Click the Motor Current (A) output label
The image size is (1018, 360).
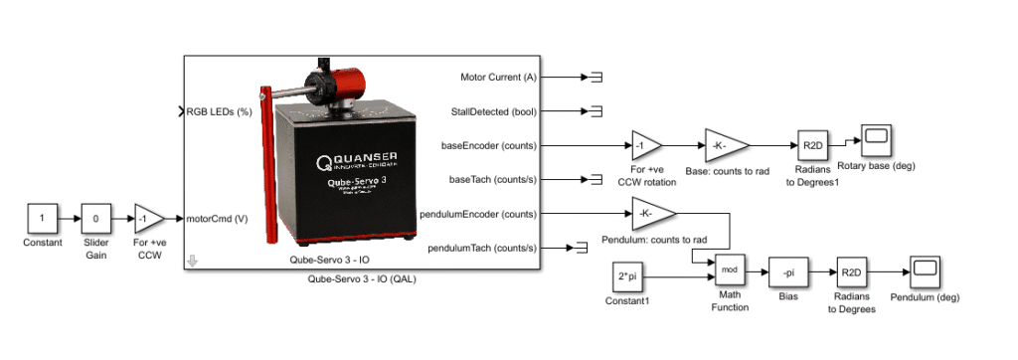pos(498,77)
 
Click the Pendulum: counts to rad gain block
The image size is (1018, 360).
pos(651,214)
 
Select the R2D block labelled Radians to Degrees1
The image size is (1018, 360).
pos(811,145)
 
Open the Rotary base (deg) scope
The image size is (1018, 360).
pos(877,141)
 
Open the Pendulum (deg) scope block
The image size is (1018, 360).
pos(925,270)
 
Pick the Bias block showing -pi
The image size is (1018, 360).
pos(784,270)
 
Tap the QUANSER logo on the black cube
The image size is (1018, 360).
pos(358,160)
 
